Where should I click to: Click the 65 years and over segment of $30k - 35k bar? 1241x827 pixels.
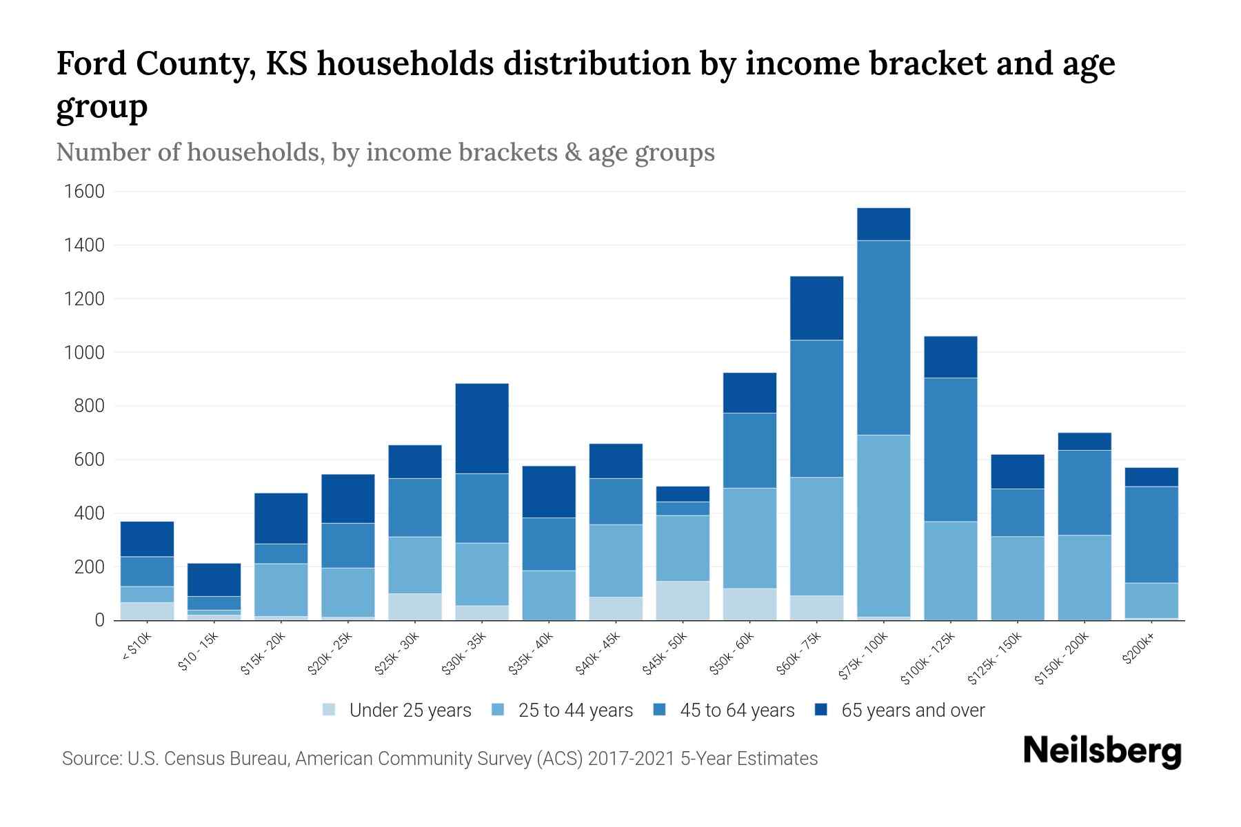click(x=482, y=428)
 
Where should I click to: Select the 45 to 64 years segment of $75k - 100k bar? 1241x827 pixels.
click(x=883, y=338)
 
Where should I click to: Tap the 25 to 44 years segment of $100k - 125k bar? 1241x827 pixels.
click(x=950, y=571)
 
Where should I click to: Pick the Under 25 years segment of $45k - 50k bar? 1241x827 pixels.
click(x=683, y=600)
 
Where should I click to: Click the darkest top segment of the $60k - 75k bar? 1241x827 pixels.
click(x=816, y=308)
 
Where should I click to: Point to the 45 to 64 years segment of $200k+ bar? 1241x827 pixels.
click(x=1151, y=535)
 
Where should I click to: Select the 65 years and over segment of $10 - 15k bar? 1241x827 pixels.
click(x=214, y=580)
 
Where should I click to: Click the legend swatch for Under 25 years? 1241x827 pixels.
click(x=330, y=710)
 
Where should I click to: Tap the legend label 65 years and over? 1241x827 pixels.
click(x=913, y=711)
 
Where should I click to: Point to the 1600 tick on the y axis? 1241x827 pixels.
click(x=84, y=192)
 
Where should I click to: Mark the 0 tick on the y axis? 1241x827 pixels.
click(x=100, y=620)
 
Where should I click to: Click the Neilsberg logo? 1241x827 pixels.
click(x=1102, y=751)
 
